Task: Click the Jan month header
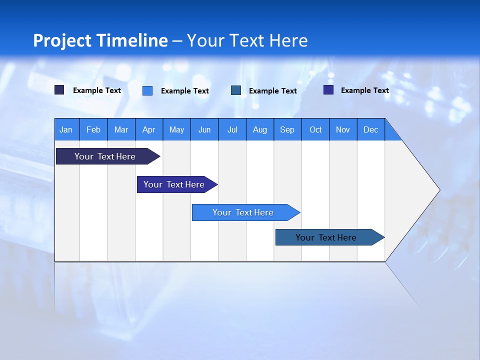(x=66, y=129)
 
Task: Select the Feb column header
(x=93, y=129)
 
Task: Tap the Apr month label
(x=148, y=129)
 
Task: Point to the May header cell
(x=176, y=129)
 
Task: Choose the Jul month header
(x=232, y=129)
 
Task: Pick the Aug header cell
(x=259, y=129)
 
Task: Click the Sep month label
(x=287, y=129)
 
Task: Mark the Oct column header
(x=315, y=129)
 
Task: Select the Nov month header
(x=343, y=129)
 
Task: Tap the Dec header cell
(x=370, y=129)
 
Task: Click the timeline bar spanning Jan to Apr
(x=105, y=156)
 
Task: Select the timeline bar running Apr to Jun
(x=174, y=184)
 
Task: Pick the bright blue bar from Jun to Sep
(x=243, y=212)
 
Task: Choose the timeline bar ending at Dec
(x=326, y=237)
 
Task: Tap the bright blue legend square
(x=147, y=90)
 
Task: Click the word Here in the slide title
(x=288, y=40)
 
